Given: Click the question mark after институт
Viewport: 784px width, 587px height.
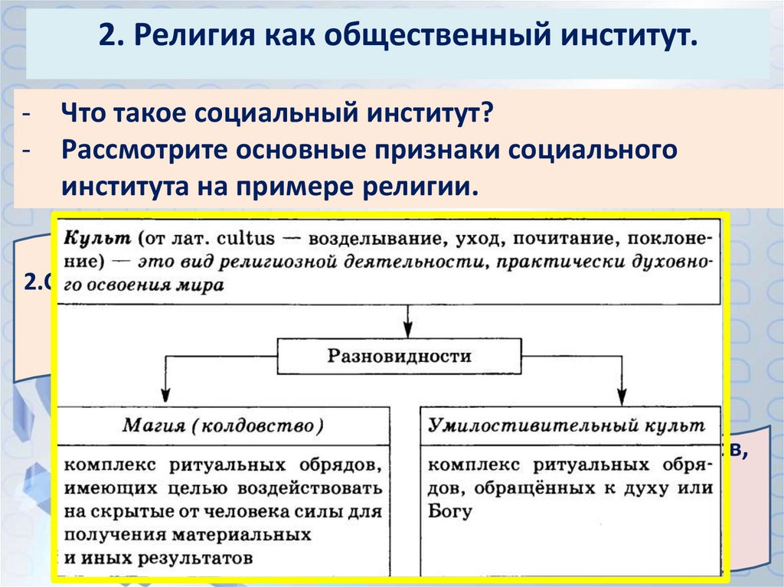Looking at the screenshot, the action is click(x=485, y=116).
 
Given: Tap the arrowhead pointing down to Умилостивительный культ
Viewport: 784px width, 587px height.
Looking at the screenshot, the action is click(x=622, y=396).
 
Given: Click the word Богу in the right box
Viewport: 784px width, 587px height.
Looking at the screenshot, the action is click(x=450, y=511).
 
